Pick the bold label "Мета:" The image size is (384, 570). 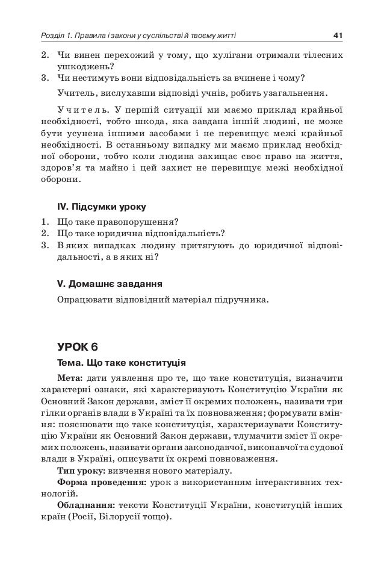point(70,378)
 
